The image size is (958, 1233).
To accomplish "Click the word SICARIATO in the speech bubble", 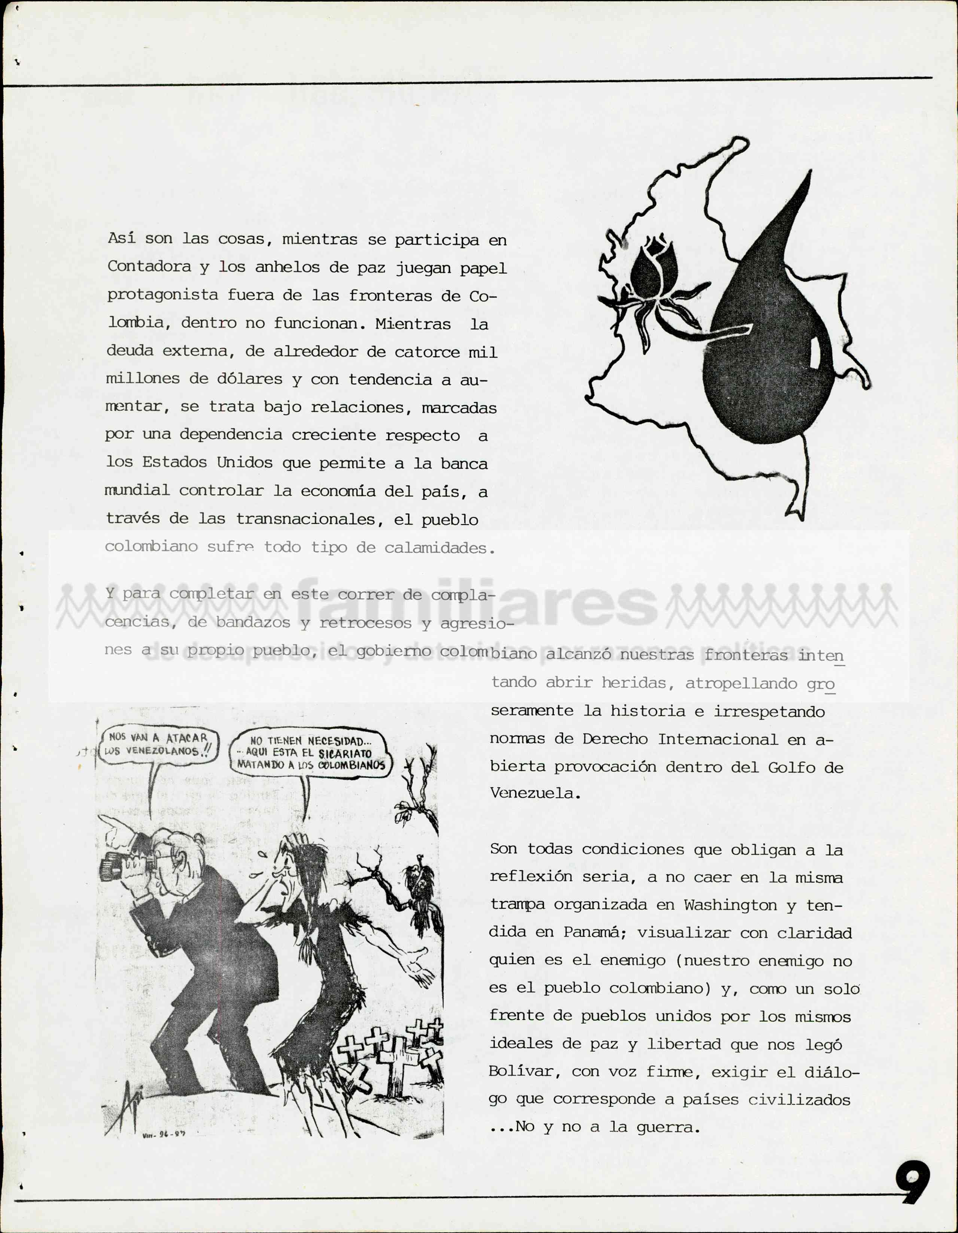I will pyautogui.click(x=345, y=753).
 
